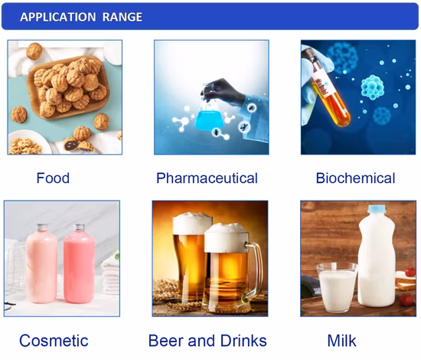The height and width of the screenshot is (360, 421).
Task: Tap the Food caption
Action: point(53,178)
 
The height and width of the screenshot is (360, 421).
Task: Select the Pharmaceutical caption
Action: point(207,178)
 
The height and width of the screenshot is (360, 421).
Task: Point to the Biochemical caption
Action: point(355,178)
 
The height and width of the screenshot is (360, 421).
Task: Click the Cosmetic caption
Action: point(54,341)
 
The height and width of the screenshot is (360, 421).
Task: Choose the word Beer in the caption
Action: point(167,341)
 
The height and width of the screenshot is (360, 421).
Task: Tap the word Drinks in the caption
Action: point(241,341)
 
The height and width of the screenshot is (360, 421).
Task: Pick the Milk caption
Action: point(341,341)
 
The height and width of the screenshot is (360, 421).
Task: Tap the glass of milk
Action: point(338,287)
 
